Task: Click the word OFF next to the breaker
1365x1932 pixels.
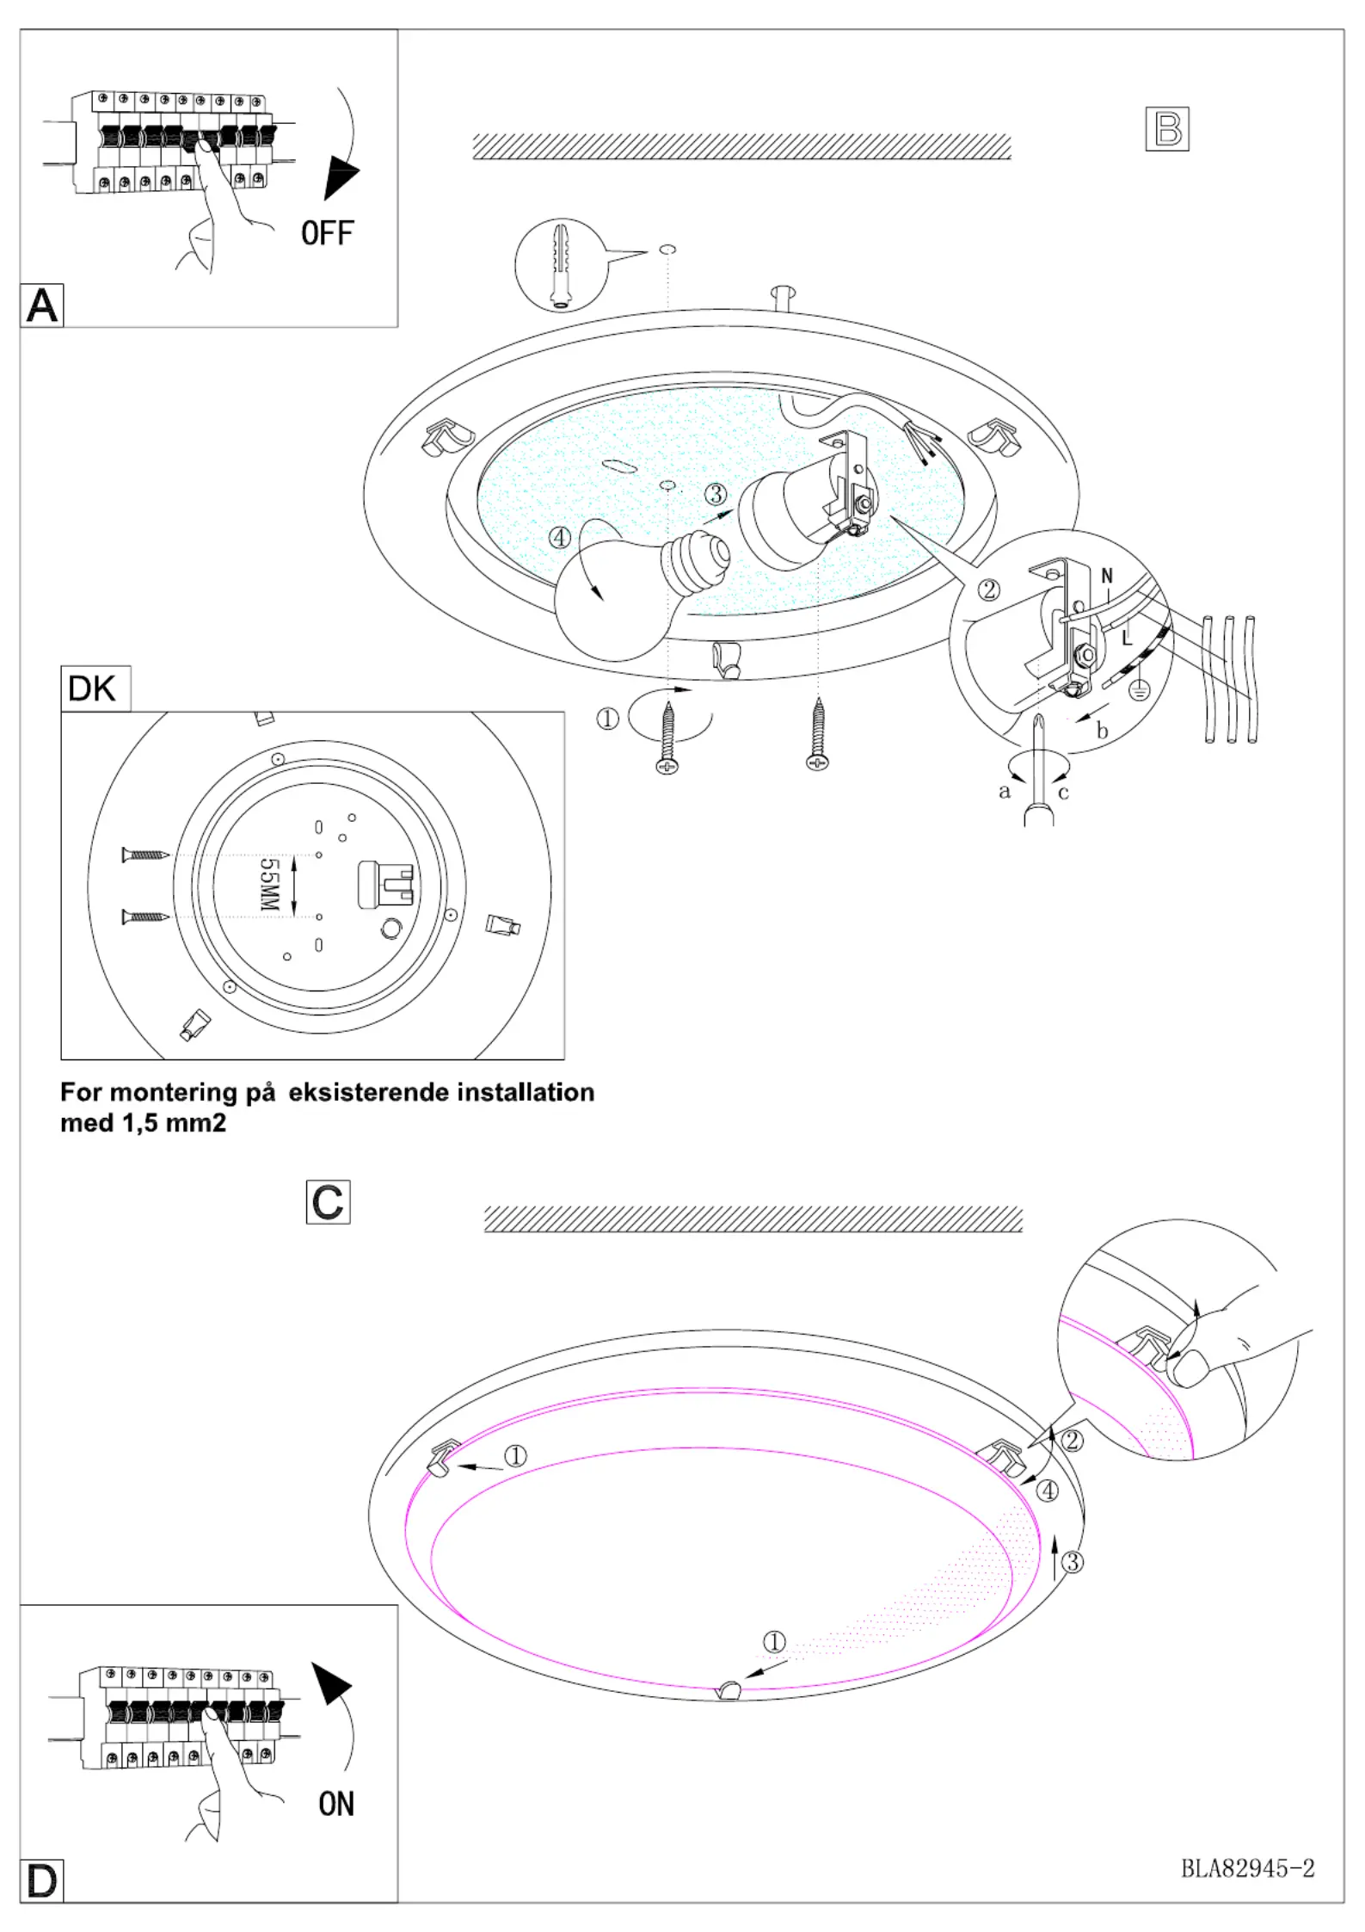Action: click(x=327, y=232)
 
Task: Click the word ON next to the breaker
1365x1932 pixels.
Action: click(x=335, y=1804)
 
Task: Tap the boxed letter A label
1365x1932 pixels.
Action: click(x=42, y=306)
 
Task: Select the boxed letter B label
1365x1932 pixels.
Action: click(x=1167, y=129)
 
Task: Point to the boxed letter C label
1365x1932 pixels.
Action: click(x=328, y=1202)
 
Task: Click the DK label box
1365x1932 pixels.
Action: click(x=95, y=688)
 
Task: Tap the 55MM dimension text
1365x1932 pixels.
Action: click(x=269, y=885)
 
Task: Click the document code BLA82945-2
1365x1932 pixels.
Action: click(x=1247, y=1868)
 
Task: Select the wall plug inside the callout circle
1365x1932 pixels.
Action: click(x=562, y=265)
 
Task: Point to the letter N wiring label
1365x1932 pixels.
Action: click(x=1107, y=576)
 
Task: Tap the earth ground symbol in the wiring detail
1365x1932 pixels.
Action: click(x=1139, y=689)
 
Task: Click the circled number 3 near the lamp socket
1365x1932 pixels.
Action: click(x=716, y=494)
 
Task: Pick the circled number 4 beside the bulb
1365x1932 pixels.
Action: click(x=560, y=538)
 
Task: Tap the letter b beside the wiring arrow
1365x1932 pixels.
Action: click(x=1102, y=731)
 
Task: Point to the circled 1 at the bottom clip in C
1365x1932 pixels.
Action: click(x=774, y=1642)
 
